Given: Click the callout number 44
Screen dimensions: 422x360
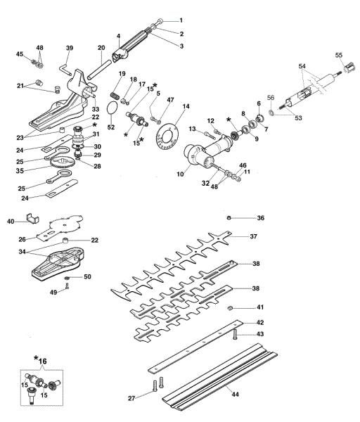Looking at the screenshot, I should point(235,395).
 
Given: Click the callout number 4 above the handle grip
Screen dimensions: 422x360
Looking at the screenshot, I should point(117,35).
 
